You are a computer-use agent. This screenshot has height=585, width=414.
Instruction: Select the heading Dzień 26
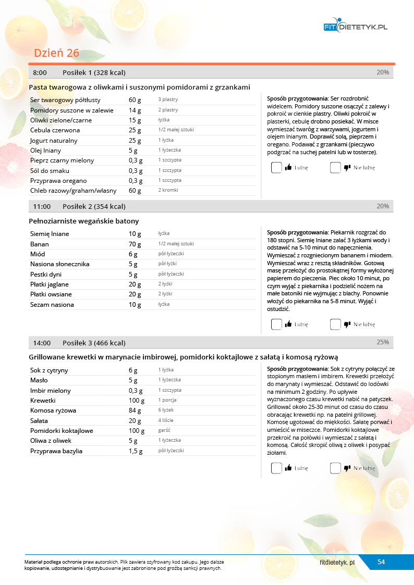[56, 53]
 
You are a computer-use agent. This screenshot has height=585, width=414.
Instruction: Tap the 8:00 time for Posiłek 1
[40, 72]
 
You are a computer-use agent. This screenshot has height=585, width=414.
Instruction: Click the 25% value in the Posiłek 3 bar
[383, 342]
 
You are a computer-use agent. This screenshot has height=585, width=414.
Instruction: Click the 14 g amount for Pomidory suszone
[135, 110]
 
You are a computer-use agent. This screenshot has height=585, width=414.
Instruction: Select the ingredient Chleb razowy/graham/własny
[74, 191]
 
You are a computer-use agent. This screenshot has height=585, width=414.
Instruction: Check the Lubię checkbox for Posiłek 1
[276, 168]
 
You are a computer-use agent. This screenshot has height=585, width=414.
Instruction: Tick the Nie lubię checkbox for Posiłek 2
[335, 324]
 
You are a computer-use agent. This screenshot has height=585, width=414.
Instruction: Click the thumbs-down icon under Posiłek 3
[347, 468]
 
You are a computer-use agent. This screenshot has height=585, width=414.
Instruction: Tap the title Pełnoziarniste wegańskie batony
[84, 221]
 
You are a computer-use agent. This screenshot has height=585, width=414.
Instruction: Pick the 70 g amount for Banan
[135, 244]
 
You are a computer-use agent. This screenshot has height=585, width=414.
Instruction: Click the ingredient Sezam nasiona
[52, 305]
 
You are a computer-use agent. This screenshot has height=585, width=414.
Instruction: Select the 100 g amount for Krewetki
[137, 401]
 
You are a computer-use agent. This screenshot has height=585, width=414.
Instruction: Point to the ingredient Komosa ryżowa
[53, 410]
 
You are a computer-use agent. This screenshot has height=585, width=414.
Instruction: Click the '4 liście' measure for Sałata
[166, 420]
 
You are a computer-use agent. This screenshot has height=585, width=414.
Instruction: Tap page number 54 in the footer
[381, 562]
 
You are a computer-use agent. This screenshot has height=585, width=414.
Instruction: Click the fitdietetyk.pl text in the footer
[337, 563]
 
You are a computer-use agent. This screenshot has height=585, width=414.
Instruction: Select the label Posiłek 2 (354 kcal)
[94, 207]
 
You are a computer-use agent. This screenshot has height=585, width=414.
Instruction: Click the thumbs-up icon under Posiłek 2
[288, 324]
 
